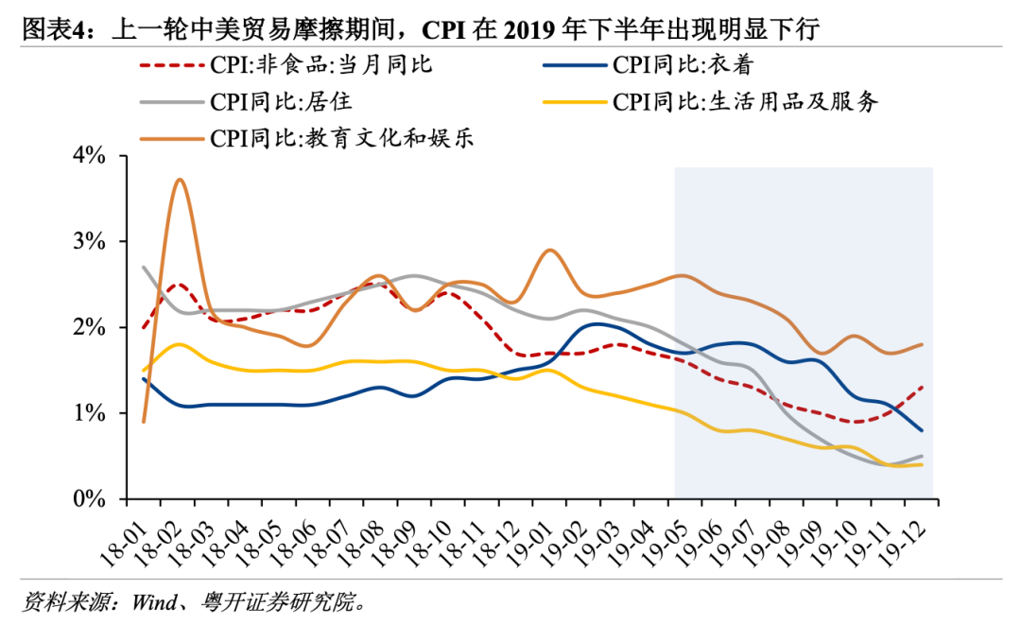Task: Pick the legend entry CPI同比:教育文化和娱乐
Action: click(341, 138)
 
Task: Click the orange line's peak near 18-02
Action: click(180, 180)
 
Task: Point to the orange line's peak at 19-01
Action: click(551, 251)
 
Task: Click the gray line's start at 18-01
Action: click(143, 268)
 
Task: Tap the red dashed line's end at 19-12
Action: click(923, 387)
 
